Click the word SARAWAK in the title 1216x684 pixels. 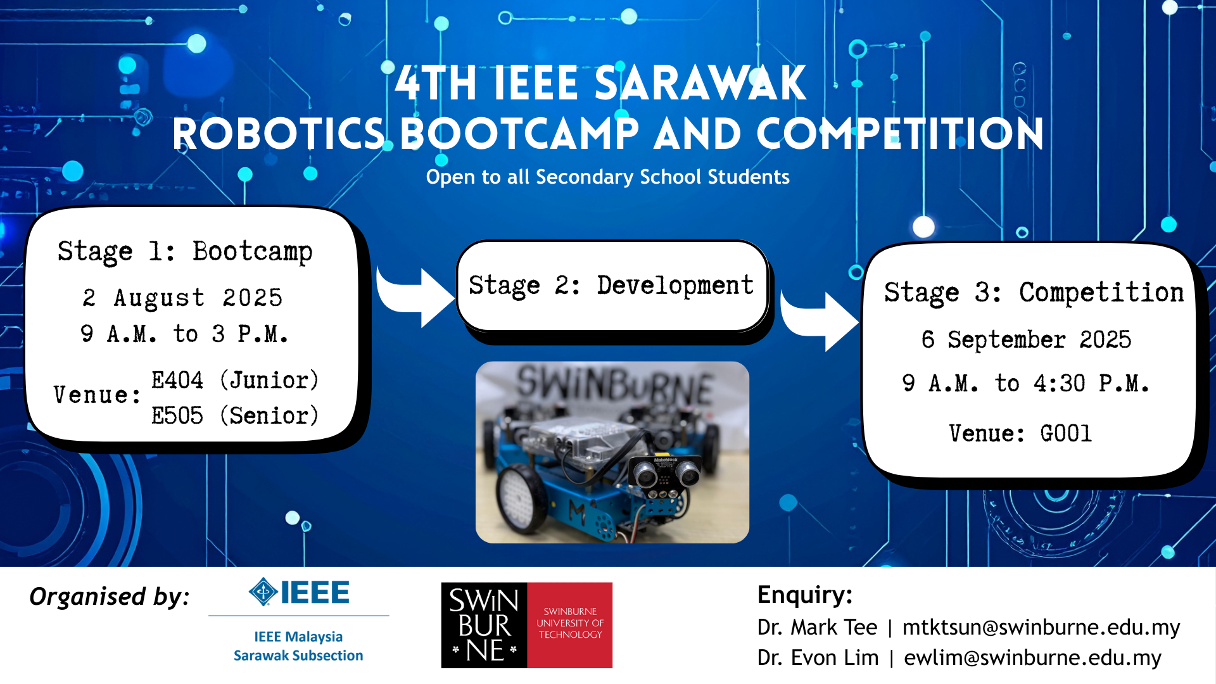click(x=700, y=84)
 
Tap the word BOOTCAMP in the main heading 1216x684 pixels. click(x=519, y=134)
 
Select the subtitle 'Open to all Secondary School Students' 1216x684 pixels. click(x=608, y=177)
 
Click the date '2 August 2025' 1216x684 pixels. click(x=182, y=298)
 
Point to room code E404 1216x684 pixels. click(x=177, y=380)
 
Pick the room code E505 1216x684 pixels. click(x=177, y=415)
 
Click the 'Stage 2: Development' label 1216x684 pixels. click(x=612, y=286)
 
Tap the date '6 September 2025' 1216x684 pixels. click(x=1027, y=339)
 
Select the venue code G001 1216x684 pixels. click(x=1066, y=434)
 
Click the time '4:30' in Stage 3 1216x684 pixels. click(x=1060, y=383)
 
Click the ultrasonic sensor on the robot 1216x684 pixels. click(x=664, y=472)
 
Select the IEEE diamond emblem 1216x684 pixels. click(x=263, y=592)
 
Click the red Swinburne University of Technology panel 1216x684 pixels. click(x=570, y=625)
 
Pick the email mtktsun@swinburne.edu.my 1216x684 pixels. click(x=1041, y=627)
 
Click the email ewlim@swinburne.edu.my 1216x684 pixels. click(x=1032, y=657)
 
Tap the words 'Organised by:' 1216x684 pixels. click(x=110, y=597)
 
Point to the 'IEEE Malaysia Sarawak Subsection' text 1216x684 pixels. click(x=298, y=646)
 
